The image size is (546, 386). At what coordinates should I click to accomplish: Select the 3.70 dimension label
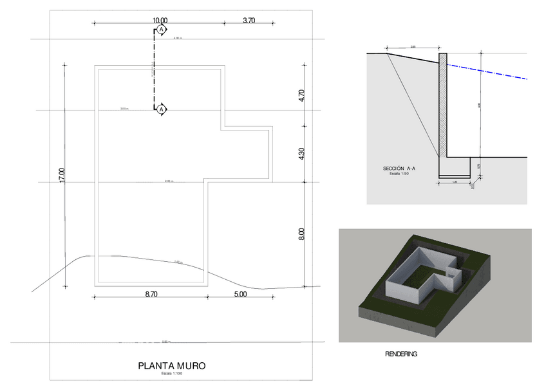[249, 21]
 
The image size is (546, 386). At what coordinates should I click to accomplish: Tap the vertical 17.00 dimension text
[62, 175]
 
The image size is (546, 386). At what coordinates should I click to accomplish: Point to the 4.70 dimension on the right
[301, 96]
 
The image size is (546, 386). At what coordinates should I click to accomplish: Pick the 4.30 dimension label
[301, 155]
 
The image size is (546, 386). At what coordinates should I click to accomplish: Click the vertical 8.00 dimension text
[301, 234]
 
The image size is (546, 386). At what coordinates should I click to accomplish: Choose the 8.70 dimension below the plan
[151, 294]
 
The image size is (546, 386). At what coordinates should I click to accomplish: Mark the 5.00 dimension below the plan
[240, 294]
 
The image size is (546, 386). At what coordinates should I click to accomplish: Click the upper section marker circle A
[162, 30]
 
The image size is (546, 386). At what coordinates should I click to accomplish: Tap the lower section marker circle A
[162, 110]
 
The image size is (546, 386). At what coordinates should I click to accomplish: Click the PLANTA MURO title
[172, 366]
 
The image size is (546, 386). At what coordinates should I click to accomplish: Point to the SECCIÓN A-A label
[399, 169]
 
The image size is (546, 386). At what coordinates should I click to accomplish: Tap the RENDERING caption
[401, 354]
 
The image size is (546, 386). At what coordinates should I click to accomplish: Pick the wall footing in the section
[455, 167]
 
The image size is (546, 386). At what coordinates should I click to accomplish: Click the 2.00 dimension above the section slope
[413, 46]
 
